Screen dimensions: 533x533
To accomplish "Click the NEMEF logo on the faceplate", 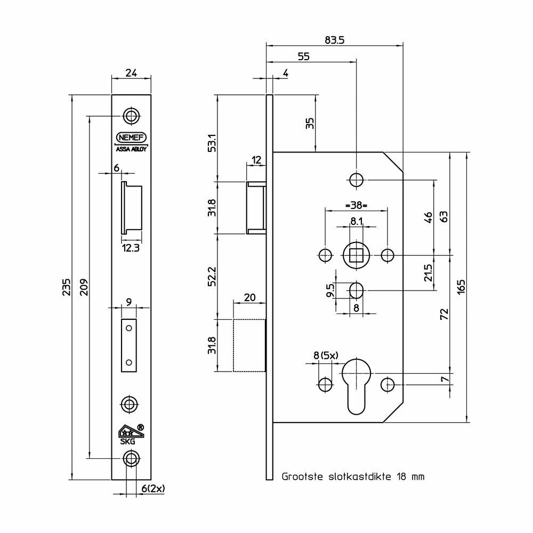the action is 131,138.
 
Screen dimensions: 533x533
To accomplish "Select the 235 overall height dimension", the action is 67,287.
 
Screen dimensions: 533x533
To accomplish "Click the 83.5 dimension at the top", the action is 335,40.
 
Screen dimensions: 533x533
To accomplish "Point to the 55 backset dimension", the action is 304,56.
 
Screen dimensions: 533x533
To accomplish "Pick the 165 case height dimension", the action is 461,287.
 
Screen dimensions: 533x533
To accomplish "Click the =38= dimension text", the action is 356,205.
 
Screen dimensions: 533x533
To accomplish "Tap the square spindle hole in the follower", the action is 356,255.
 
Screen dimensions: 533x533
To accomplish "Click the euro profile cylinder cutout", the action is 356,386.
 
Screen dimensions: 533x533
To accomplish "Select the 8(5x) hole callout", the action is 326,356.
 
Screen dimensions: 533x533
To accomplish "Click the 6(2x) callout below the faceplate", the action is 153,488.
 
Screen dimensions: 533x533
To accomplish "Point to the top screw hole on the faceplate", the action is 131,116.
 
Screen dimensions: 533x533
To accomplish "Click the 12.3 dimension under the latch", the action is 131,248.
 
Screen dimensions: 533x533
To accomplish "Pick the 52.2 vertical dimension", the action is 212,276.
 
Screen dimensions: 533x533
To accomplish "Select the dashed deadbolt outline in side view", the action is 249,345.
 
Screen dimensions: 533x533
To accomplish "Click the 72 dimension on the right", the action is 445,314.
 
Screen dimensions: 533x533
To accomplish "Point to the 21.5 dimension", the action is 429,272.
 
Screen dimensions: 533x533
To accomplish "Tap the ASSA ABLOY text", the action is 131,149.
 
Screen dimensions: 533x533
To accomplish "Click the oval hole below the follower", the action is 356,290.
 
